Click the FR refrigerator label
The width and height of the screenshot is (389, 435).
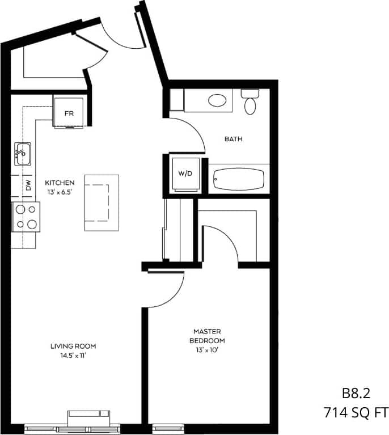pos(69,113)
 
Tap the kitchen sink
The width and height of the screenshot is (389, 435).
pos(23,153)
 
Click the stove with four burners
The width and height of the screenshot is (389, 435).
pos(26,217)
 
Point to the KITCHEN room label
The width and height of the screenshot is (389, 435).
pos(60,183)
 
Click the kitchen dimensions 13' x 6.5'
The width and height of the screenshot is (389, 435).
pos(60,192)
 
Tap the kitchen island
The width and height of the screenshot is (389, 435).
pos(102,202)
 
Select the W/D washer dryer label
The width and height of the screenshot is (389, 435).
pos(185,174)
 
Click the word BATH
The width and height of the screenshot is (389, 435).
pos(234,139)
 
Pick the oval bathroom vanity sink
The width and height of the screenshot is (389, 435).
pos(217,101)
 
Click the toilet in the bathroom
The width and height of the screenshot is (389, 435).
pos(250,103)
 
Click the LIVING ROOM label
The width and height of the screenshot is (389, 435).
pos(73,346)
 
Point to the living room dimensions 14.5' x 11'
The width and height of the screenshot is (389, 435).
pos(73,356)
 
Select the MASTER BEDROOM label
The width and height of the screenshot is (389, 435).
pos(209,336)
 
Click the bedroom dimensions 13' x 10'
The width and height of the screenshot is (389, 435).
pos(209,350)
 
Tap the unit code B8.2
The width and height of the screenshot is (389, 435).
pos(356,392)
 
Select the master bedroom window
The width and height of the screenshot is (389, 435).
pos(164,426)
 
